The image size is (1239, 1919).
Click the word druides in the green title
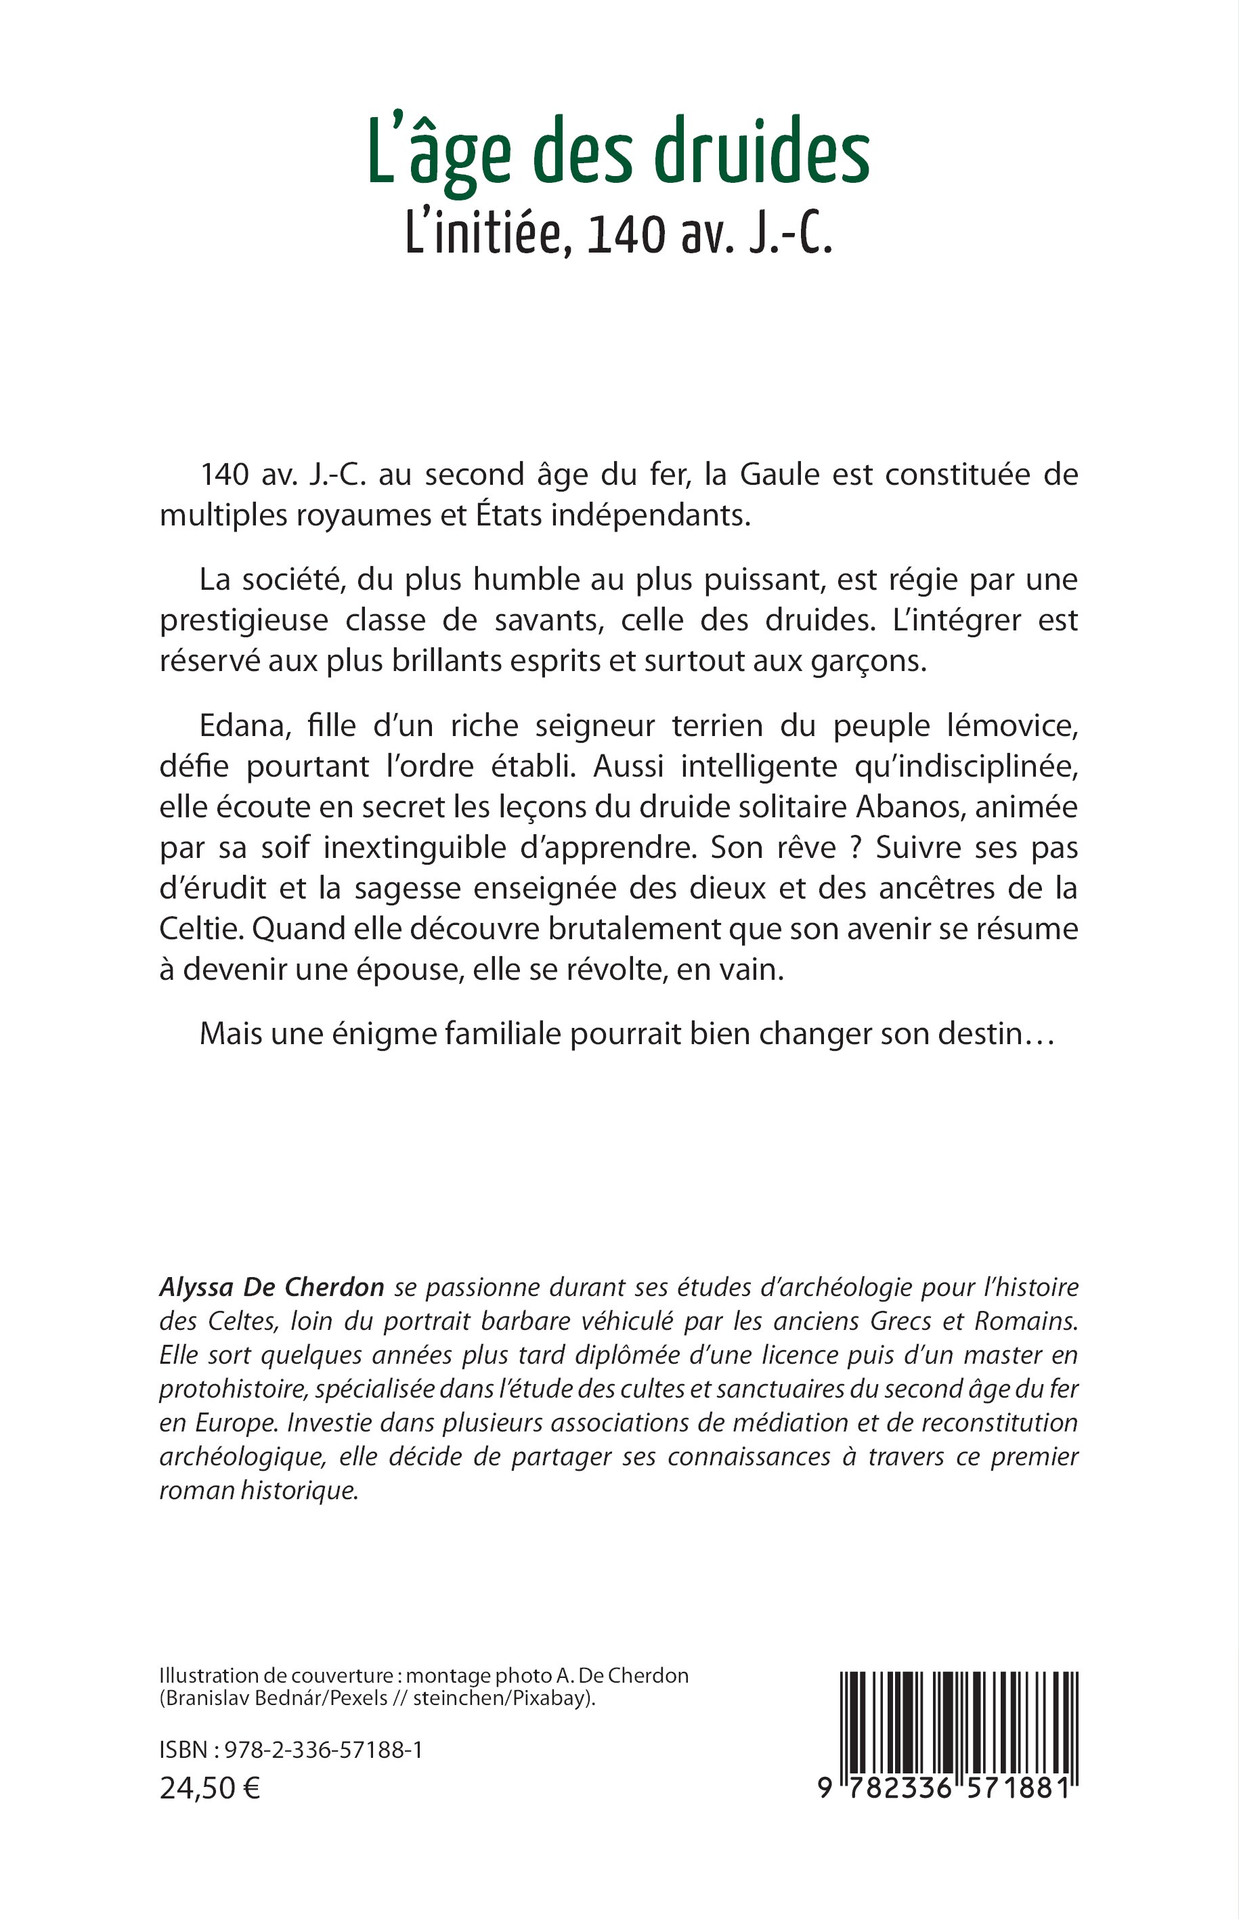point(761,154)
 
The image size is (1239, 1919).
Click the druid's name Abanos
point(905,807)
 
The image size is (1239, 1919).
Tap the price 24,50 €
point(210,1788)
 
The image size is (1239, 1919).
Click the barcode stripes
point(958,1723)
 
